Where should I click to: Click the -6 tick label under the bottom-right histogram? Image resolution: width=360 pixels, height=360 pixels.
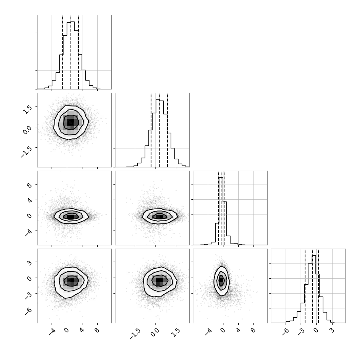coord(286,332)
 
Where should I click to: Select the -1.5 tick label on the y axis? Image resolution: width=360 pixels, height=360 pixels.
coord(26,151)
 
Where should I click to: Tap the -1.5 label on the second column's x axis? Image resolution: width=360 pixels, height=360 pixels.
coord(135,334)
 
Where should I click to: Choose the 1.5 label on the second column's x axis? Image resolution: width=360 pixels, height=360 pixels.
coord(176,333)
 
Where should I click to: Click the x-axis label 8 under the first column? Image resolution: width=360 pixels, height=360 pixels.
coord(97,331)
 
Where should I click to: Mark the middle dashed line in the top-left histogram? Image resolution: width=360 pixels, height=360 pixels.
coord(71,52)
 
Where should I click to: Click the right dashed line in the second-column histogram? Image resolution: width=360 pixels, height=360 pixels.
coord(167,130)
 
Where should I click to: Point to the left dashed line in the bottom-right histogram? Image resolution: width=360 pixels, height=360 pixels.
coord(305,286)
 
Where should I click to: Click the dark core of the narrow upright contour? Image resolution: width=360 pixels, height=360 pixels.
coord(221,280)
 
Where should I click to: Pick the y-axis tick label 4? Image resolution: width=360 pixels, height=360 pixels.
coord(29,200)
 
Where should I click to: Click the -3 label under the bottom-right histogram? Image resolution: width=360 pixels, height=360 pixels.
coord(301,332)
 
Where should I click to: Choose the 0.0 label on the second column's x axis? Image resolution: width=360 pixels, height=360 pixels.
coord(155,333)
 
